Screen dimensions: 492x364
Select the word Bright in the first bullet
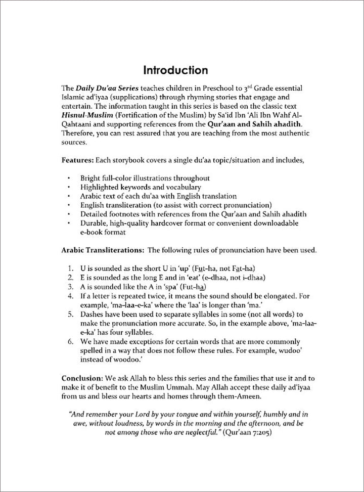pyautogui.click(x=91, y=178)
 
